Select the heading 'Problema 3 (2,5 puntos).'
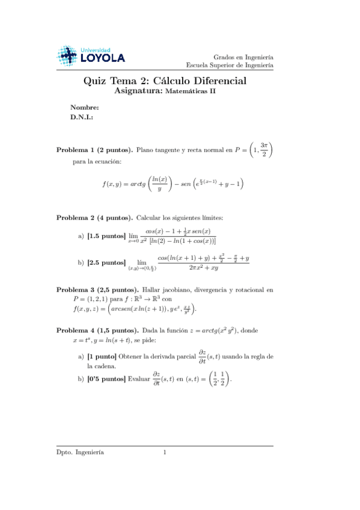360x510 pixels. [x=98, y=289]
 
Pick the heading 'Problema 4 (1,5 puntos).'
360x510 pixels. [x=98, y=331]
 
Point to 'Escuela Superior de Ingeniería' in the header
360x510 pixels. [x=230, y=64]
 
